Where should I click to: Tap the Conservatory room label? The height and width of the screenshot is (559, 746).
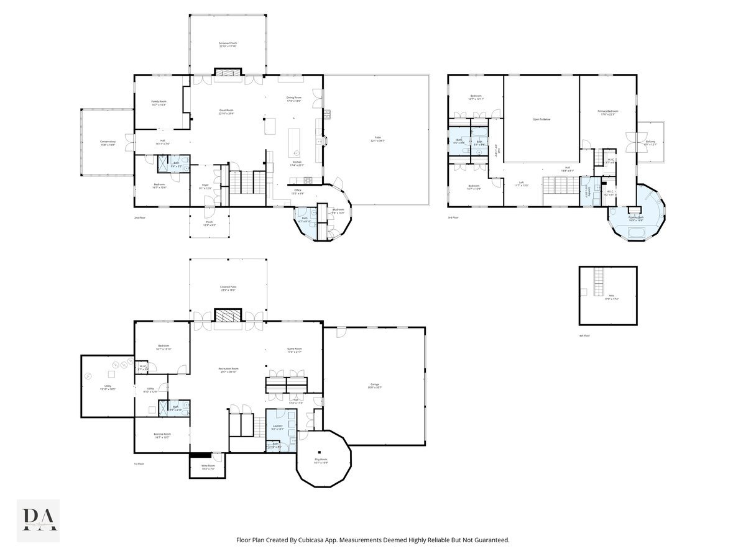tap(108, 143)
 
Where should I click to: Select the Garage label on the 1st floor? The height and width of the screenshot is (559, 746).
tap(375, 386)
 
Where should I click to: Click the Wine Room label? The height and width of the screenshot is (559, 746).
tap(208, 466)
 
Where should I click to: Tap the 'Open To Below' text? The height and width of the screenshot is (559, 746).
tap(541, 119)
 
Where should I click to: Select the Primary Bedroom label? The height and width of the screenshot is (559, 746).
tap(608, 112)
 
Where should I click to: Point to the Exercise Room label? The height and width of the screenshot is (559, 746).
tap(162, 435)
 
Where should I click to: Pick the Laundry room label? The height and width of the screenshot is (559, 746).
tap(277, 427)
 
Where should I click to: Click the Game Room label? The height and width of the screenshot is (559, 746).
tap(294, 350)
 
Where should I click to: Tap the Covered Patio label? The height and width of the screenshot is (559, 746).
tap(228, 288)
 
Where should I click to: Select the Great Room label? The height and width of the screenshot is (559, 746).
tap(226, 112)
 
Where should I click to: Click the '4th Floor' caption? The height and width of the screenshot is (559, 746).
tap(584, 335)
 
